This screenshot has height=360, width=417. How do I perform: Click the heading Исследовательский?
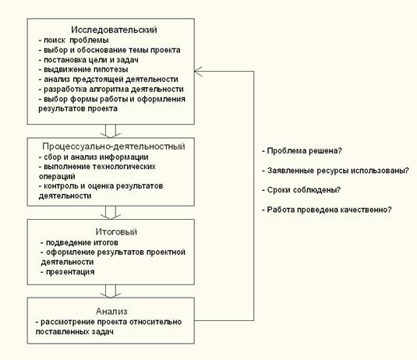coord(114,30)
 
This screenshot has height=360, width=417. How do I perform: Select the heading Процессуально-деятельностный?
coord(114,146)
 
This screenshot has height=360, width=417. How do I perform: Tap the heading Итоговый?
coord(116,232)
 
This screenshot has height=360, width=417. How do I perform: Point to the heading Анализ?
coord(111,312)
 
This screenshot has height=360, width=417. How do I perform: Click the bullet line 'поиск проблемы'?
coord(74,41)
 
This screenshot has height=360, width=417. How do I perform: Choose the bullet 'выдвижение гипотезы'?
coord(83,69)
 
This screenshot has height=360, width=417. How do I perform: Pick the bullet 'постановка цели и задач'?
coord(89,60)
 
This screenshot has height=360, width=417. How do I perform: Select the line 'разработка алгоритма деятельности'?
coord(111,90)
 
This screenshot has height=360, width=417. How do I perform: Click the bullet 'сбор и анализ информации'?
coord(94,157)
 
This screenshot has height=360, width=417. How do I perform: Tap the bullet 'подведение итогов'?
coord(80,243)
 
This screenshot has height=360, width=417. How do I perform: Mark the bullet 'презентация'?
coord(68,272)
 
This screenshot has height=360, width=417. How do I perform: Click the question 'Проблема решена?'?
coord(302,151)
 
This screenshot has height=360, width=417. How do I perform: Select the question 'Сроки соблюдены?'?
coord(302,190)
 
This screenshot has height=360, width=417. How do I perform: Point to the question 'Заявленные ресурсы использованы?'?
coord(336,171)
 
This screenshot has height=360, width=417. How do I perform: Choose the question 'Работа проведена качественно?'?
coord(327,210)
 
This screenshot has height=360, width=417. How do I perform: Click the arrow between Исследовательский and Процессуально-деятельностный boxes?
coord(111,131)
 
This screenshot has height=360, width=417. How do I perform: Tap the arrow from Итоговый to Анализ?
coord(111,291)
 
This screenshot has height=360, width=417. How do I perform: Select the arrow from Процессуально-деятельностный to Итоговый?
coord(111,213)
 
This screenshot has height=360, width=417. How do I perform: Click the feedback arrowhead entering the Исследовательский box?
coord(198,71)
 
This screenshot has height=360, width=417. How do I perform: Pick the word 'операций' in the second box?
coord(57,177)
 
